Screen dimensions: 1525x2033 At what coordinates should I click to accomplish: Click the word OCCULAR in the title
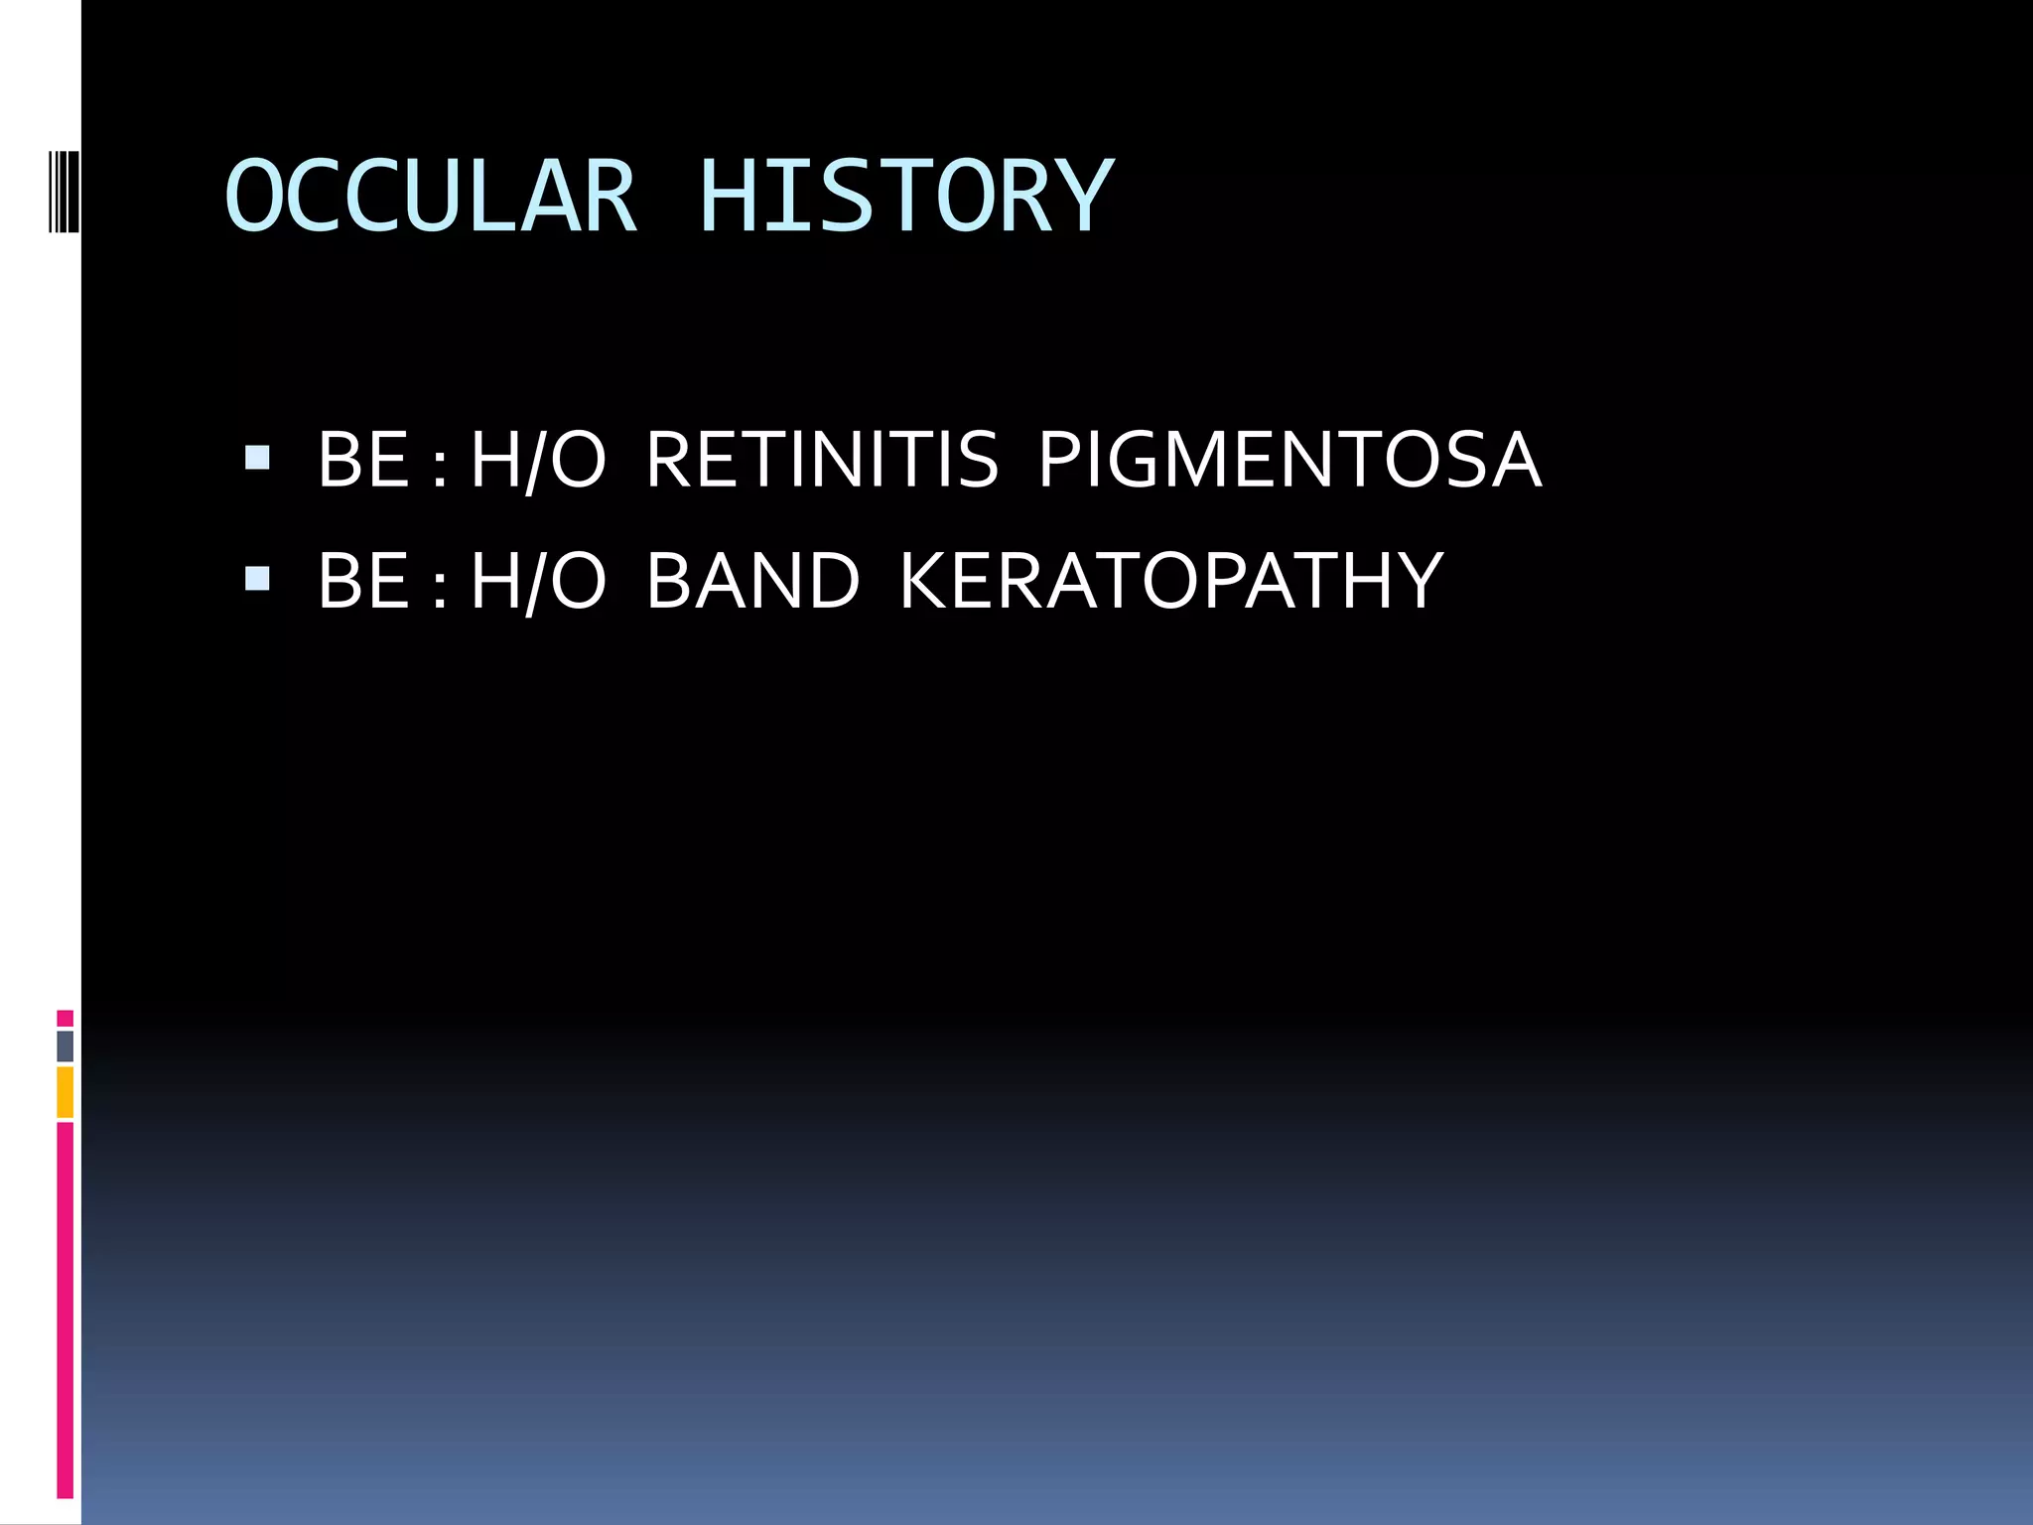(431, 197)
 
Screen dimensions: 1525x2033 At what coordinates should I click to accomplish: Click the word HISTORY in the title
(905, 197)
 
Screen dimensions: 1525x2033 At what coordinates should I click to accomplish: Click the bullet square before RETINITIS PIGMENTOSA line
(257, 458)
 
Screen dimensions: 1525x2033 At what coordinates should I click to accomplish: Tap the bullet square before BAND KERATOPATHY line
(257, 579)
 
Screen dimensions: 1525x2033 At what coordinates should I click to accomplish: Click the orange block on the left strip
(65, 1092)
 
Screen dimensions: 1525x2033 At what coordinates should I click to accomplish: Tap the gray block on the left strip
(65, 1045)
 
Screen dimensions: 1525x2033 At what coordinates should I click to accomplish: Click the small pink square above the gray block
(65, 1018)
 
